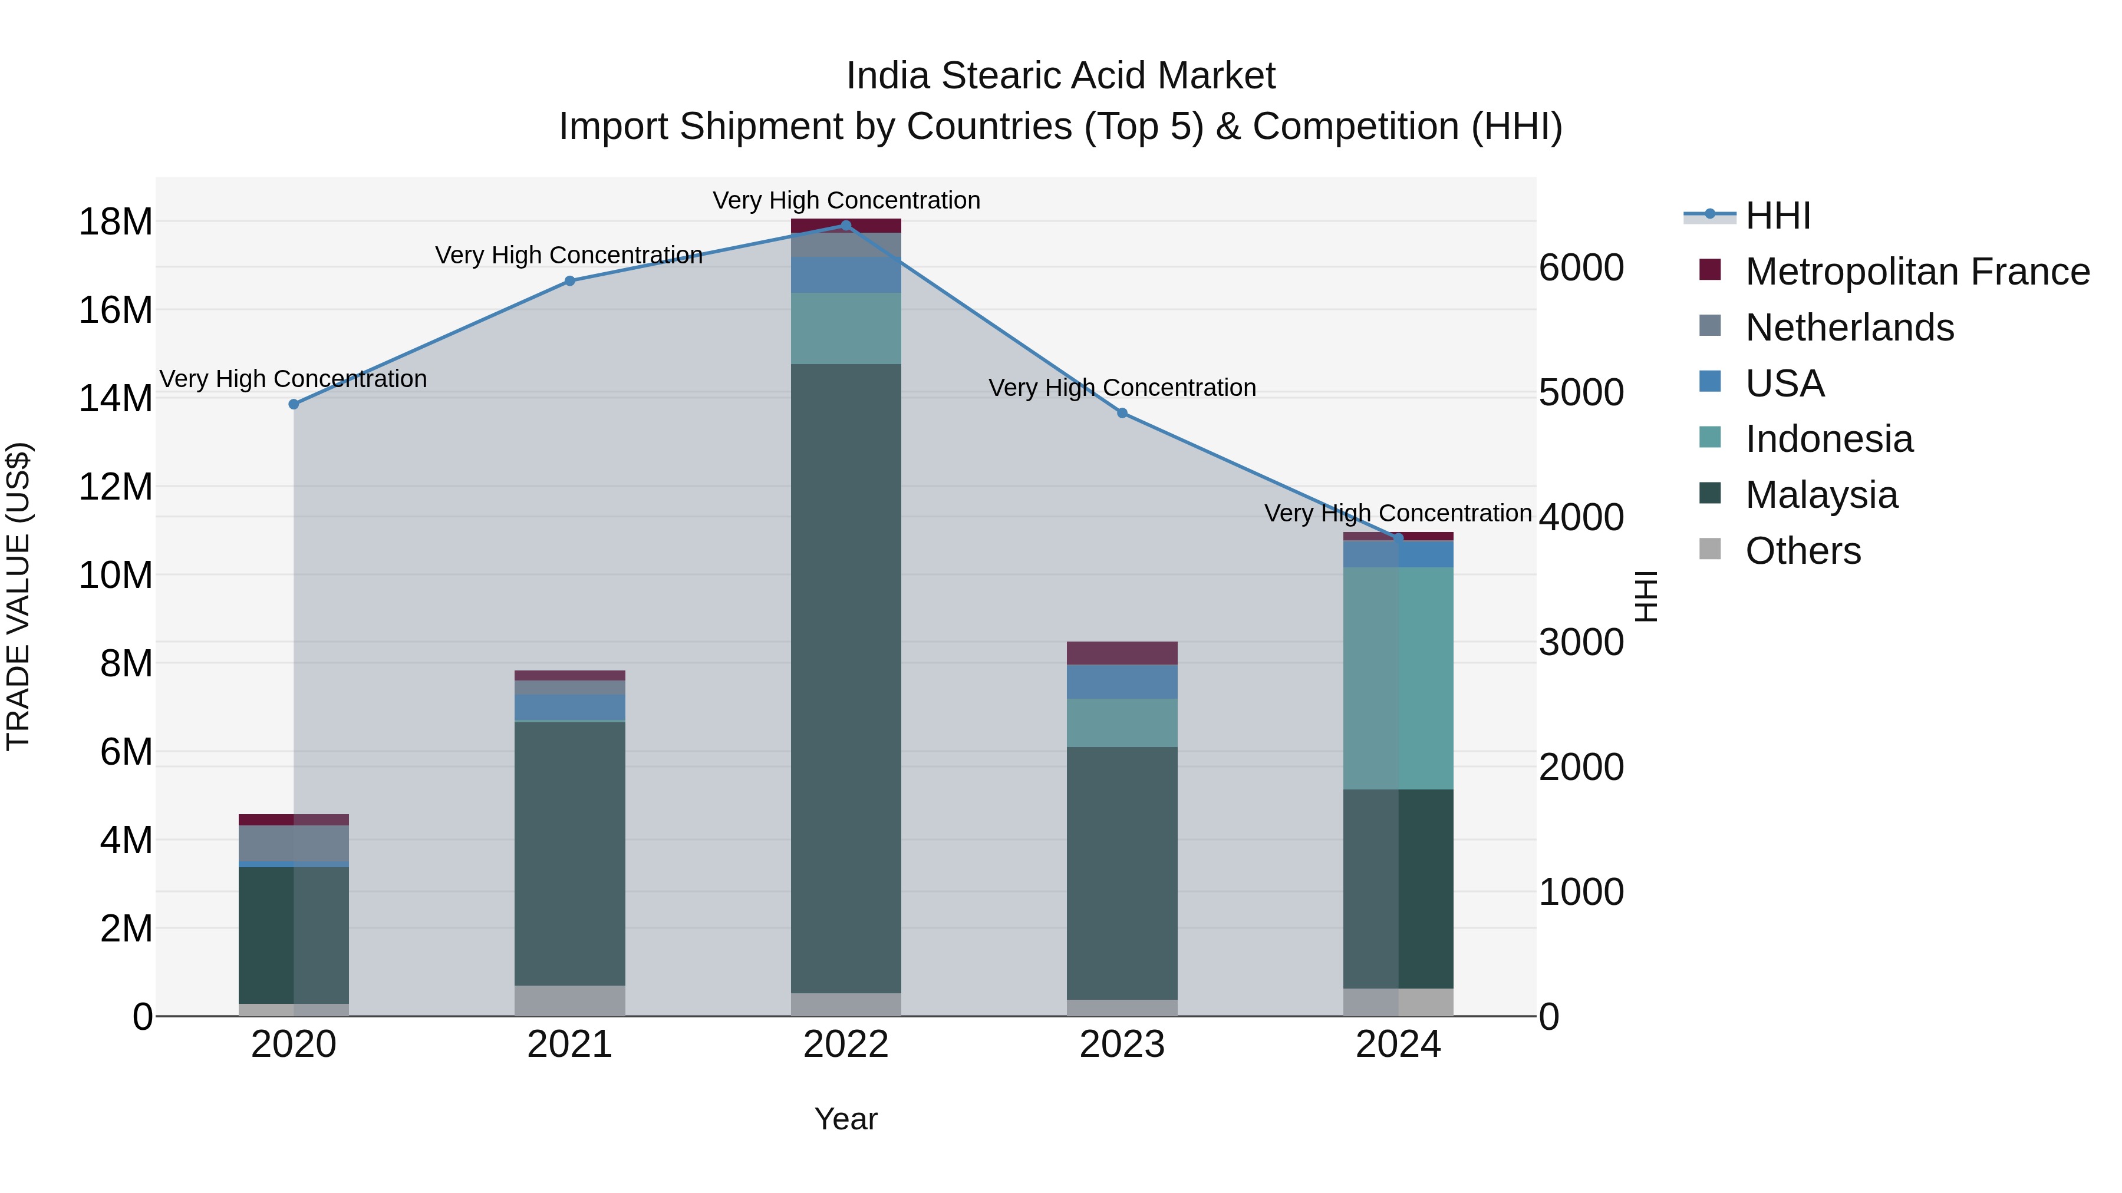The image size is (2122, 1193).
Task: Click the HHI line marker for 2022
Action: (846, 226)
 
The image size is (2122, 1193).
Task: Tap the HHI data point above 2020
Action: (294, 404)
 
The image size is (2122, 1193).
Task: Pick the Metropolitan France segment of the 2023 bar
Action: (1122, 653)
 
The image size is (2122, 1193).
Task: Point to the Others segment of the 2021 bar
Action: (570, 1000)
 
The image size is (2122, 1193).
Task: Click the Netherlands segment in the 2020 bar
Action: (294, 843)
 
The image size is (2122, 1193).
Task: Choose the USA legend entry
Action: (1784, 384)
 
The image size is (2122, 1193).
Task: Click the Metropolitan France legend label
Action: (1917, 272)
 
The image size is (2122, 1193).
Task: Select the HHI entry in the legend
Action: (1778, 216)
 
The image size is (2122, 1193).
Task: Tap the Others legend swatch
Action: (1710, 549)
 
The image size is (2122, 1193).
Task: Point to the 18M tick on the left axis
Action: (116, 222)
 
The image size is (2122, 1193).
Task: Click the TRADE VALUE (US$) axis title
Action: (18, 596)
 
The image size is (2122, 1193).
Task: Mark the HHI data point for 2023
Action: (1122, 414)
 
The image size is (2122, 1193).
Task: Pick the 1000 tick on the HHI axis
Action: (1581, 893)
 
